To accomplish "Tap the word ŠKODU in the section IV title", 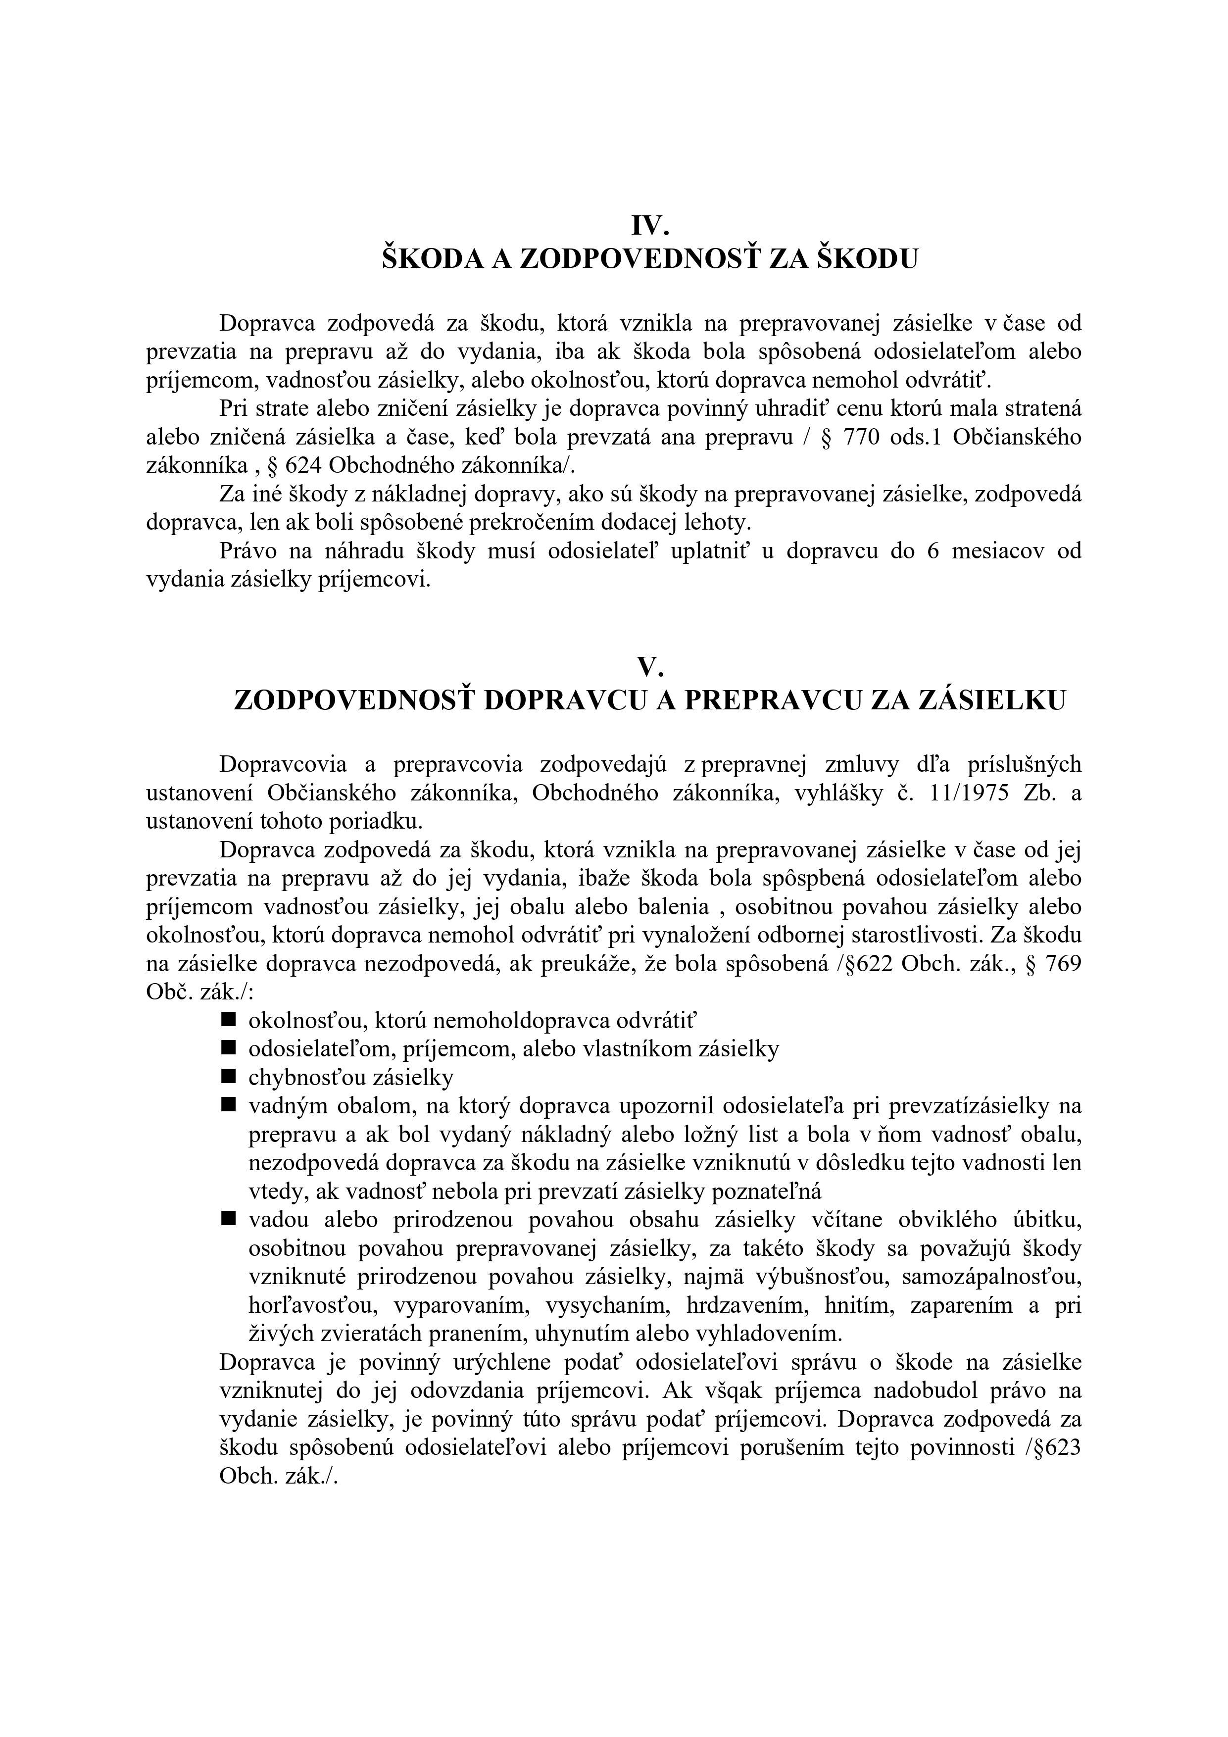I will point(869,259).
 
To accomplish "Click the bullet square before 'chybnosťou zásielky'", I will point(228,1075).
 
